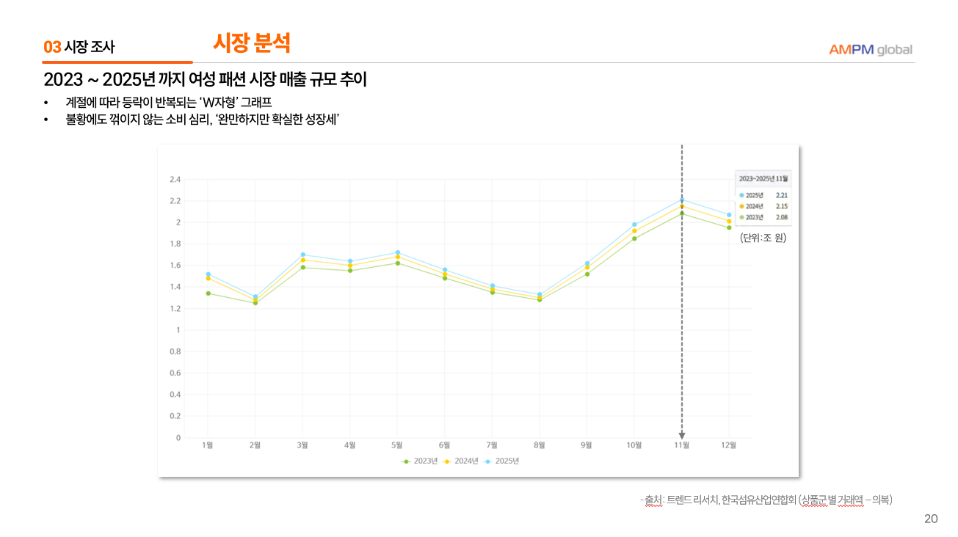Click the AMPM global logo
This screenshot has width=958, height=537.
870,50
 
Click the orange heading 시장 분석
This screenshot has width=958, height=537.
252,43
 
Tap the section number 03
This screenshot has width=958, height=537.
52,48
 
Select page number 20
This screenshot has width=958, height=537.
931,519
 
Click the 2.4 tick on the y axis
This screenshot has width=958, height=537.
175,179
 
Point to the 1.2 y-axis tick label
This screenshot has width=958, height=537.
175,309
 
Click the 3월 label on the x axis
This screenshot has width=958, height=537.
302,445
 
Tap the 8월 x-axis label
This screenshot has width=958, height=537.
540,445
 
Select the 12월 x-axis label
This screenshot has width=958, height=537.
728,445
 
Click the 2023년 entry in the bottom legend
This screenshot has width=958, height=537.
421,461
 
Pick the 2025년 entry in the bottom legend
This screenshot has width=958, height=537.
503,461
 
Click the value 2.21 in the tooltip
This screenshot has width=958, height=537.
781,195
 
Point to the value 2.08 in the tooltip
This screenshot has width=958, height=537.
781,217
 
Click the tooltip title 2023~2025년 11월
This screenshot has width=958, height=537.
763,178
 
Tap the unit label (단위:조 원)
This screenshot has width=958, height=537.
763,238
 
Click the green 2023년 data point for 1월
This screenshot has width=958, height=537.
208,293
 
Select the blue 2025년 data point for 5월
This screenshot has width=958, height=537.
397,252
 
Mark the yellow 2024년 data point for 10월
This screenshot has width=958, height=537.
634,231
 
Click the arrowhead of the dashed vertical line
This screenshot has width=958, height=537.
682,436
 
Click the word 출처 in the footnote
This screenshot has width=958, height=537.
653,500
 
